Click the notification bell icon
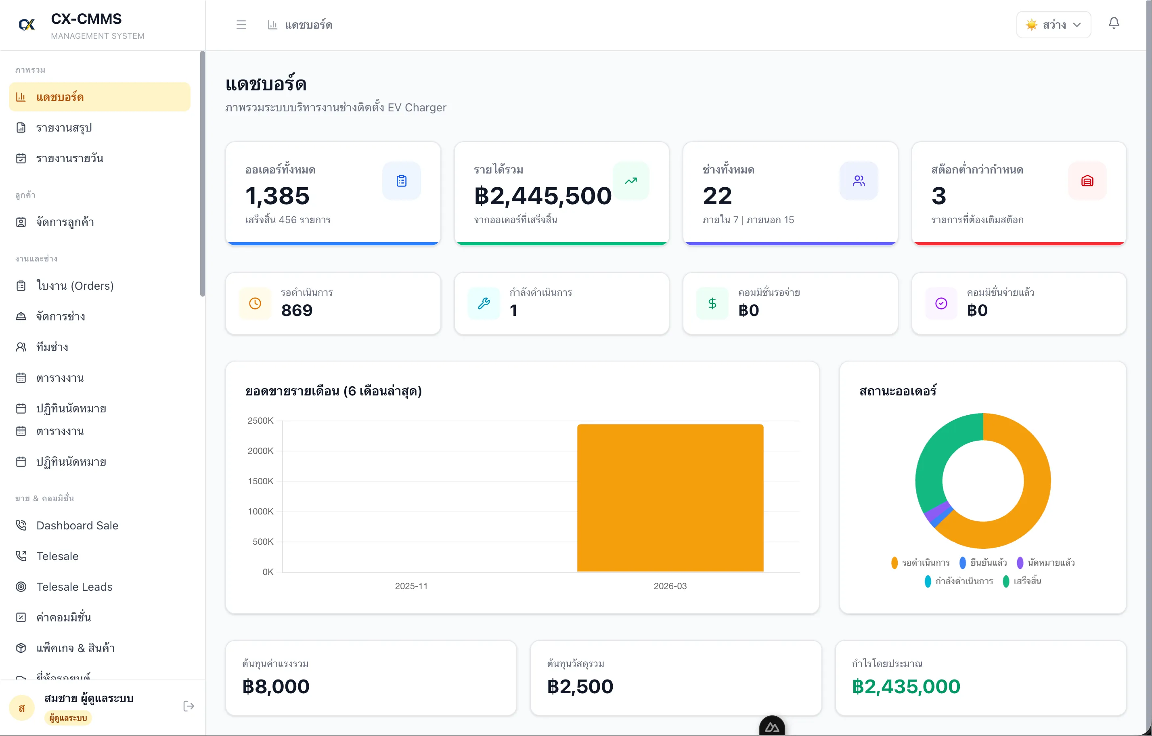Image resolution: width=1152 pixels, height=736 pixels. coord(1114,23)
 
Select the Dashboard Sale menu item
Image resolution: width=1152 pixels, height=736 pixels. coord(77,525)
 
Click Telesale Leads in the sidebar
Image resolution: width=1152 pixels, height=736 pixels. coord(74,586)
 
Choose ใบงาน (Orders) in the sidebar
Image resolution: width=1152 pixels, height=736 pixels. coord(75,286)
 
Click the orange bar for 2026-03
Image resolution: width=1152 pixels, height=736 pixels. coord(670,498)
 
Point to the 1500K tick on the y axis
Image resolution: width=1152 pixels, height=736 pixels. coord(260,481)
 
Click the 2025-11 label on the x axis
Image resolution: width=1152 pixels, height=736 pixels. coord(411,586)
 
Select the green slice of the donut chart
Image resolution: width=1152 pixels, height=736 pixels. coord(935,459)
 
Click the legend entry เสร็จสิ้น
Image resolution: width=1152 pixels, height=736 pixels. coord(1026,581)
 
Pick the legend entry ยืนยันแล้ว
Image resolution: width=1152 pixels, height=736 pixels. coord(988,562)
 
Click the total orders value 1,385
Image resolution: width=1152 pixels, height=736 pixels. coord(277,196)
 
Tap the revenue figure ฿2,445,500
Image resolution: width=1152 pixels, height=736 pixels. coord(542,196)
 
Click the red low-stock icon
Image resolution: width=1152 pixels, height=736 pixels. coord(1087,181)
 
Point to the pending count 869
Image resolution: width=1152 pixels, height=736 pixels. coord(297,310)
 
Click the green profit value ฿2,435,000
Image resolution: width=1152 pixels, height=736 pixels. coord(906,686)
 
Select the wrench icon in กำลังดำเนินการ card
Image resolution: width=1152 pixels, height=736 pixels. coord(484,303)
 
